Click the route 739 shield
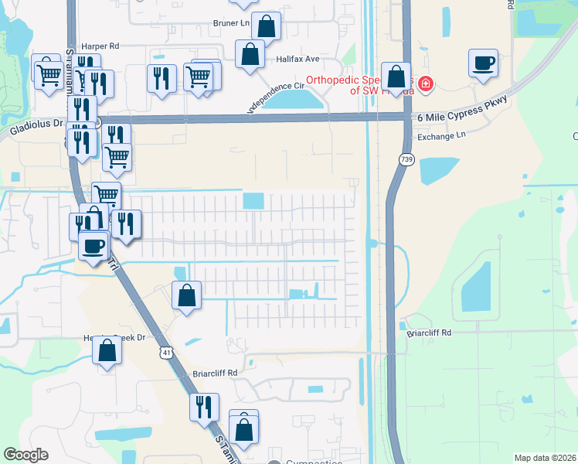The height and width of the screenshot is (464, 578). pyautogui.click(x=406, y=159)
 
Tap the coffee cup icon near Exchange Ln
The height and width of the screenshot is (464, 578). pyautogui.click(x=483, y=63)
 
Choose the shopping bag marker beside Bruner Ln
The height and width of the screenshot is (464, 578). pyautogui.click(x=266, y=26)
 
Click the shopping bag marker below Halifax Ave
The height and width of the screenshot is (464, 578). pyautogui.click(x=250, y=55)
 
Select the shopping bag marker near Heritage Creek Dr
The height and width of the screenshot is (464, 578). pyautogui.click(x=107, y=350)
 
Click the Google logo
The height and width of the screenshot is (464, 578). pyautogui.click(x=25, y=455)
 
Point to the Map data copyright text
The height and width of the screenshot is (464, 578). pyautogui.click(x=545, y=458)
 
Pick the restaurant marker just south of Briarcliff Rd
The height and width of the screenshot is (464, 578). pyautogui.click(x=204, y=407)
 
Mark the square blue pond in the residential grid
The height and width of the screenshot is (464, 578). pyautogui.click(x=253, y=201)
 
